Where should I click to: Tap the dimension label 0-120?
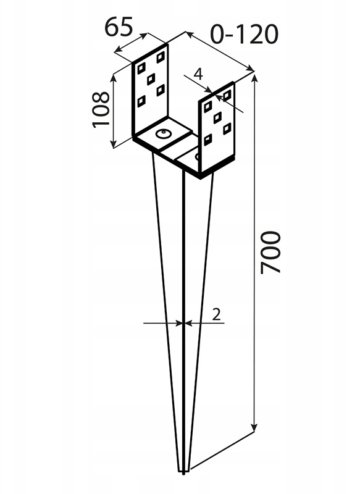tap(244, 35)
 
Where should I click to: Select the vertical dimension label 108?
tap(101, 109)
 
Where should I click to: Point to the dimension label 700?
tap(270, 252)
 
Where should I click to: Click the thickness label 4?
tap(198, 74)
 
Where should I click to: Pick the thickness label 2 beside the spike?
tap(216, 314)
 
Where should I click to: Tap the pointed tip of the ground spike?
tap(183, 473)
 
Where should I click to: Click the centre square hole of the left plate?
tap(151, 79)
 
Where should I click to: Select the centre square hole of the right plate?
tap(217, 118)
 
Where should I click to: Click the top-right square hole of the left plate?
tap(161, 57)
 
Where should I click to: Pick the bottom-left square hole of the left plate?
tap(142, 101)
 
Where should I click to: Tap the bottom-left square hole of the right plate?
tap(208, 140)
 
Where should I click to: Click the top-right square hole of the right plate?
tap(227, 94)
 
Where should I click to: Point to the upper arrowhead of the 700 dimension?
tap(254, 77)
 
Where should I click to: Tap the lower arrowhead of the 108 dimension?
tap(113, 144)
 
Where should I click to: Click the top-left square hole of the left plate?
tap(142, 68)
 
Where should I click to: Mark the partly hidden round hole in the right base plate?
tap(197, 156)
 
